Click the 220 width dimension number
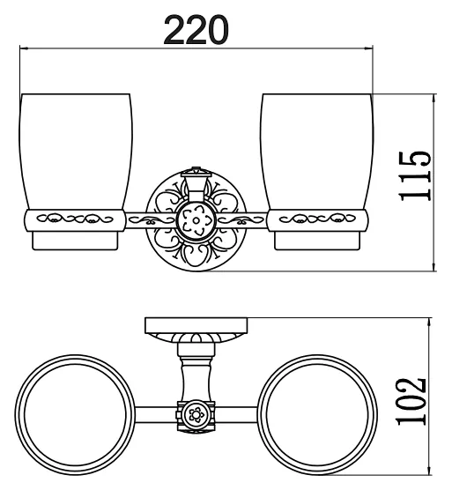[196, 30]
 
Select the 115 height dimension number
[415, 176]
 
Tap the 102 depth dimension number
[411, 402]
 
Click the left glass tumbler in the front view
[75, 152]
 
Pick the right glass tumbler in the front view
[316, 152]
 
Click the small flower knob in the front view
[196, 220]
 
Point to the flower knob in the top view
[196, 415]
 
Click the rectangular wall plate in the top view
[196, 325]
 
